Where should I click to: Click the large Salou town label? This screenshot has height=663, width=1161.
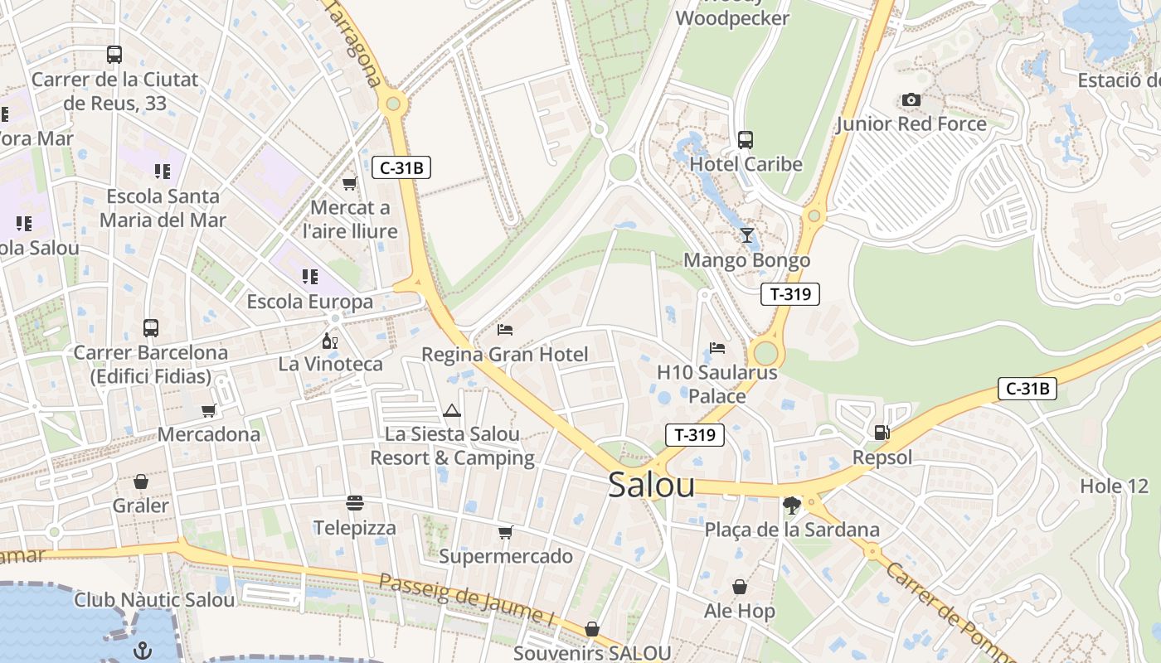pyautogui.click(x=651, y=485)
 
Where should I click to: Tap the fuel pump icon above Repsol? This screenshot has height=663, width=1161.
pyautogui.click(x=882, y=432)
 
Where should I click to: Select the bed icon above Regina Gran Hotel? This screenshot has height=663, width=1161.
pyautogui.click(x=504, y=330)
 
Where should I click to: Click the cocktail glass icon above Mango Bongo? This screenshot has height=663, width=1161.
pyautogui.click(x=746, y=235)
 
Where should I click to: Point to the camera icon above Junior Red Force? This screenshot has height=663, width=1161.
pyautogui.click(x=911, y=100)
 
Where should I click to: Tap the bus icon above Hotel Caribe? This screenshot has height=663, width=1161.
pyautogui.click(x=745, y=139)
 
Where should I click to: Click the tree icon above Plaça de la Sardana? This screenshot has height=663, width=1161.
pyautogui.click(x=791, y=505)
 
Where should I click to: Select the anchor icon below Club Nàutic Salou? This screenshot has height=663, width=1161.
pyautogui.click(x=143, y=649)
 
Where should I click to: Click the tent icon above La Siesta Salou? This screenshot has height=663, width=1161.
pyautogui.click(x=451, y=409)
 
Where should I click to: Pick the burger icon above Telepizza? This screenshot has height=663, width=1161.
pyautogui.click(x=355, y=503)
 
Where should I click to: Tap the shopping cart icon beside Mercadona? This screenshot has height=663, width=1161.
pyautogui.click(x=209, y=410)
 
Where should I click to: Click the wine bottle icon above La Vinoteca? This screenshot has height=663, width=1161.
pyautogui.click(x=329, y=340)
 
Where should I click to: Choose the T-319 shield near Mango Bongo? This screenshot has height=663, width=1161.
pyautogui.click(x=789, y=293)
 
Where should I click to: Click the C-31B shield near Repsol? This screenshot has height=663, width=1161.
pyautogui.click(x=1027, y=388)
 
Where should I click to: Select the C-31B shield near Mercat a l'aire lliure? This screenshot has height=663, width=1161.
pyautogui.click(x=401, y=168)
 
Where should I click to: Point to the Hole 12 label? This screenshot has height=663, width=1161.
pyautogui.click(x=1114, y=486)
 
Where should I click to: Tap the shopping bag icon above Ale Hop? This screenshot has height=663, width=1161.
pyautogui.click(x=740, y=587)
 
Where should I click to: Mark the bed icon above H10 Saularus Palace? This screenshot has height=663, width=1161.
pyautogui.click(x=717, y=348)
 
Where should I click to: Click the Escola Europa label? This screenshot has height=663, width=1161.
pyautogui.click(x=310, y=302)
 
